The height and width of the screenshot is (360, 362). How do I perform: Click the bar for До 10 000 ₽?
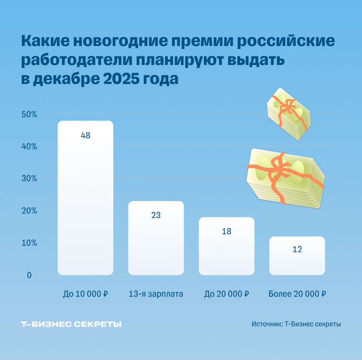coord(85,199)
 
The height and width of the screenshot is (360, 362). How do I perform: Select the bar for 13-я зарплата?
coord(156,240)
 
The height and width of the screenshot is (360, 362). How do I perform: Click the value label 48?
coord(85,136)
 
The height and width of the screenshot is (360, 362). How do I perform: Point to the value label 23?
coord(156,215)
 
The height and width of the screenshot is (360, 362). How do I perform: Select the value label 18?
coord(226,231)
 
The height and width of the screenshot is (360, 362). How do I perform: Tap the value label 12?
coord(297,249)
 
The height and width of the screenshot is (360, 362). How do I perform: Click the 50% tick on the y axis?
coord(28,114)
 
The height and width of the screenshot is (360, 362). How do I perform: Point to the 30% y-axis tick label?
coord(28,179)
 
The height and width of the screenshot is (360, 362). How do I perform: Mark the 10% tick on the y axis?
coord(28,243)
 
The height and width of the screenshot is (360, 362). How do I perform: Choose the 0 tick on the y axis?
coord(29,276)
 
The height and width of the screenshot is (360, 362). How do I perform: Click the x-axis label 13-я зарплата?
coord(156,294)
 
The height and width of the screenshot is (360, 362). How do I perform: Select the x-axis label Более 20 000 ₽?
coord(297,294)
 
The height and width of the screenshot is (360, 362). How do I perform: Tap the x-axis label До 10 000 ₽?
coord(85,294)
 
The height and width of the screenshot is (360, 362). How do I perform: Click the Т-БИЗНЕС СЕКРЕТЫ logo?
coord(71,324)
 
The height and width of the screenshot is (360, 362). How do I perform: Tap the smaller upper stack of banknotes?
coord(288,114)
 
